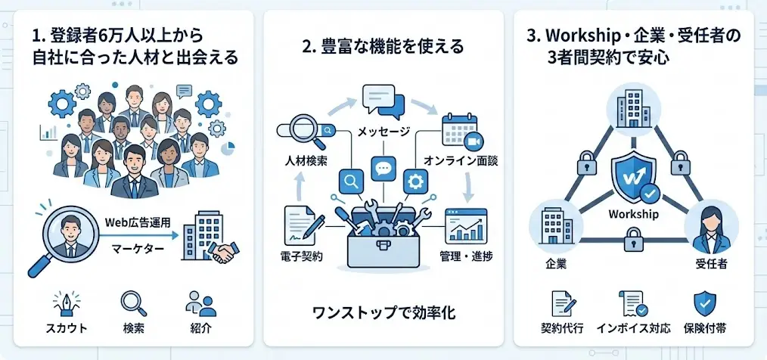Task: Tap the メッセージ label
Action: pos(383,132)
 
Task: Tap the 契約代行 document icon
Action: pos(563,305)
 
